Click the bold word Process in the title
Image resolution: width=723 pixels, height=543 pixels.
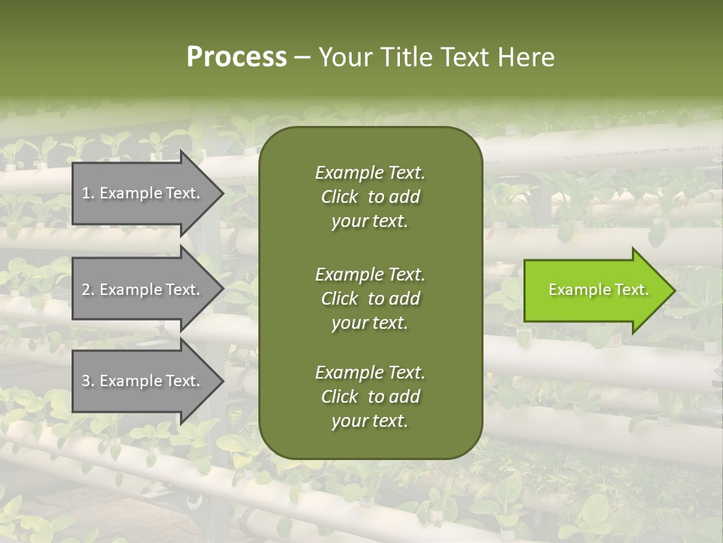coord(236,57)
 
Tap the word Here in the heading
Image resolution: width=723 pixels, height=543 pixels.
coord(526,57)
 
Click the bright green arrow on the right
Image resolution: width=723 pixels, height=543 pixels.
coord(595,290)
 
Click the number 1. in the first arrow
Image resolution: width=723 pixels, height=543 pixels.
coord(88,193)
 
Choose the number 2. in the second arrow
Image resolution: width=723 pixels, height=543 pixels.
coord(88,290)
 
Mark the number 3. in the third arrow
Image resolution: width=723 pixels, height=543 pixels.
coord(88,381)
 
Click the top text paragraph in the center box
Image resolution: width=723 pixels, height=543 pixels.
coord(370,197)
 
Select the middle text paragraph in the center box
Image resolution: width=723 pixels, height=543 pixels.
coord(370,298)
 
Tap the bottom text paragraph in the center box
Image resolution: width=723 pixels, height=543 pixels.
coord(370,397)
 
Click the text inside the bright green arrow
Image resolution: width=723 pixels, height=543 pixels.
coord(598,290)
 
